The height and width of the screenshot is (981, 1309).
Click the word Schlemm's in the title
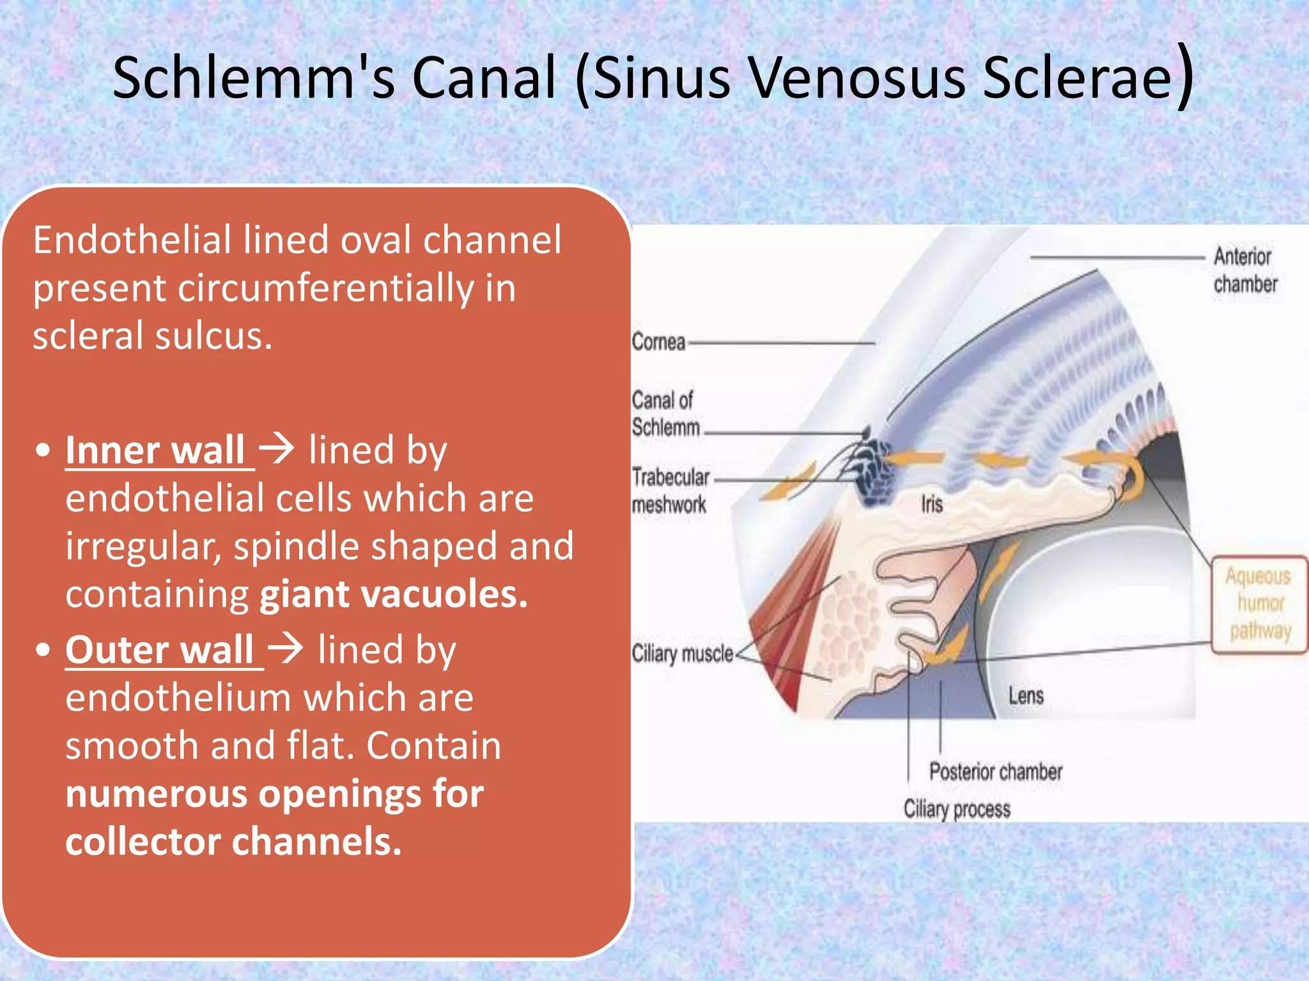point(253,78)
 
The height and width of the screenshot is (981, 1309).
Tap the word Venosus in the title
point(856,78)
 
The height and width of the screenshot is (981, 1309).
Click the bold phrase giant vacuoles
point(394,595)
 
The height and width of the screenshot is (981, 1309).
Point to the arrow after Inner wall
point(277,448)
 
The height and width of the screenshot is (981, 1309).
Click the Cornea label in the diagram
point(658,342)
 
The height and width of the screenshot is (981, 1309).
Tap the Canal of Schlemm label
point(665,414)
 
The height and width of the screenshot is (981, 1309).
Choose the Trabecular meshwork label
point(670,491)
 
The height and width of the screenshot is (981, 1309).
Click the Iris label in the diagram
point(932,505)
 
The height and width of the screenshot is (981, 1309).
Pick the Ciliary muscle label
point(683,654)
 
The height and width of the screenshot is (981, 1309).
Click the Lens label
point(1026,696)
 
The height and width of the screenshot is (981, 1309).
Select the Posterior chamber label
point(995,772)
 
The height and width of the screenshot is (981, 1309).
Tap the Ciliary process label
point(957,809)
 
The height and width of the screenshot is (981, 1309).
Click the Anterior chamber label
point(1244,270)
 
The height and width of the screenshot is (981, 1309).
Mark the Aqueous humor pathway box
point(1259,604)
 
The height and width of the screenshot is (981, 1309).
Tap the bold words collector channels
point(233,842)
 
